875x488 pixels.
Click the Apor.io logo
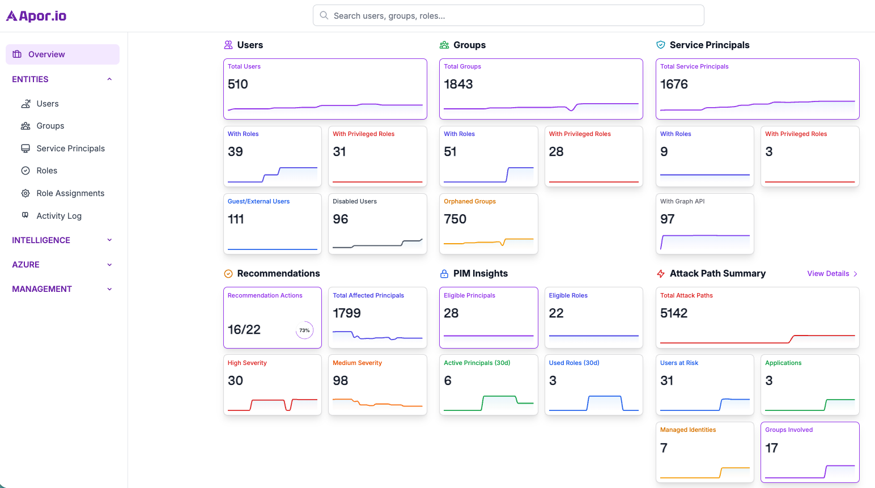tap(36, 16)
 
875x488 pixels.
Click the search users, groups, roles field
tap(508, 16)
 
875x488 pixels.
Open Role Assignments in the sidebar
tap(70, 193)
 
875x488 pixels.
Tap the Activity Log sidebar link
tap(59, 216)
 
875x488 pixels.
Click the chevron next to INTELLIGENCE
tap(109, 240)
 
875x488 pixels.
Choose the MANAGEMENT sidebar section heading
tap(42, 289)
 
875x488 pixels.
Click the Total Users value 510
tap(238, 84)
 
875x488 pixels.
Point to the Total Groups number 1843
tap(458, 84)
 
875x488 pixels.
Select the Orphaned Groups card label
tap(469, 201)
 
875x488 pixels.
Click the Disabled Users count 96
tap(340, 219)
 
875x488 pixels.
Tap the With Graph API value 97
tap(667, 219)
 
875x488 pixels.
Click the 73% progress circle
tap(304, 330)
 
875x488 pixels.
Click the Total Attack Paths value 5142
tap(673, 313)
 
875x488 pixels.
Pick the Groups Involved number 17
tap(771, 448)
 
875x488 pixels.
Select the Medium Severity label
tap(357, 363)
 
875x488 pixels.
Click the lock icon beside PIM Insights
tap(444, 274)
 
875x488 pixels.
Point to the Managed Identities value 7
tap(664, 448)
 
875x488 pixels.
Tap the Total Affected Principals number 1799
tap(346, 313)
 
